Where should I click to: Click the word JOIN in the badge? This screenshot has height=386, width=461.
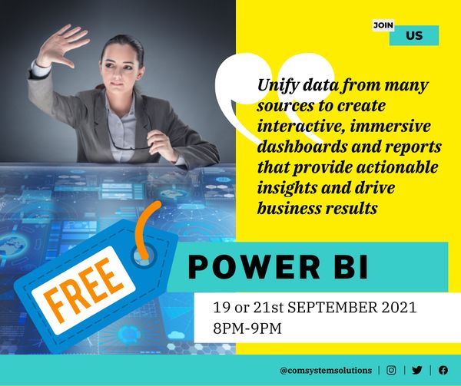coord(383,25)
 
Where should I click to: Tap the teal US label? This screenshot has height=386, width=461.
coord(414,35)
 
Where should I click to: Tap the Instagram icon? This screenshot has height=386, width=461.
coord(391,370)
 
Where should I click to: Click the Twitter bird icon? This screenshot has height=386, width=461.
coord(417,370)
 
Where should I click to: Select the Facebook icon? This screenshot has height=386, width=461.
coord(443,370)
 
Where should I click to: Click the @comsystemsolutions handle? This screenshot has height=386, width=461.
coord(326,370)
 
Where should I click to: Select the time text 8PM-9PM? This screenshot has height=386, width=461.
coord(249,328)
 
